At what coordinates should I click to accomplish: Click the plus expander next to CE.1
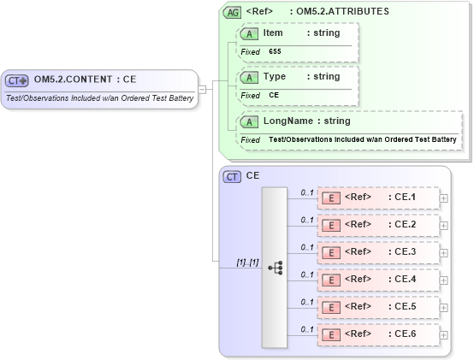(x=443, y=198)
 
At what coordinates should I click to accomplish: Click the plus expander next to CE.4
(x=443, y=280)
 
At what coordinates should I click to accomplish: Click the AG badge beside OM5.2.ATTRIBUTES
(x=232, y=13)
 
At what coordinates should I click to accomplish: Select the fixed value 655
(x=275, y=52)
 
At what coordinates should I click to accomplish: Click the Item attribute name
(x=273, y=33)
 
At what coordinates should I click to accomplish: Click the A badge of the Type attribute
(x=250, y=77)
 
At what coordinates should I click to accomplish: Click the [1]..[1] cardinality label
(x=247, y=262)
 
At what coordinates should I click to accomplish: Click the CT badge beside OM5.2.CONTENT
(x=17, y=80)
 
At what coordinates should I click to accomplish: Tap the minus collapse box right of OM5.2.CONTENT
(x=202, y=88)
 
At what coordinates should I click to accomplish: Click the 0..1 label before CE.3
(x=307, y=247)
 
